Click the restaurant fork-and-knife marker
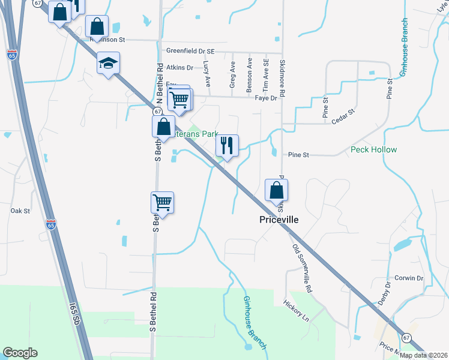coord(227,145)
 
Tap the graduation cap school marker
coord(108,63)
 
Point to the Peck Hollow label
coord(374,149)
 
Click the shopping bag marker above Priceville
coord(276,190)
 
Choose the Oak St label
coord(20,211)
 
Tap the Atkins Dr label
coord(180,68)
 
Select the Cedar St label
coord(343,116)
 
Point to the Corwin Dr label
coord(409,278)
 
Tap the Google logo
coord(20,353)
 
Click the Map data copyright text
coord(424,355)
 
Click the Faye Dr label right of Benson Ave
coord(266,97)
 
